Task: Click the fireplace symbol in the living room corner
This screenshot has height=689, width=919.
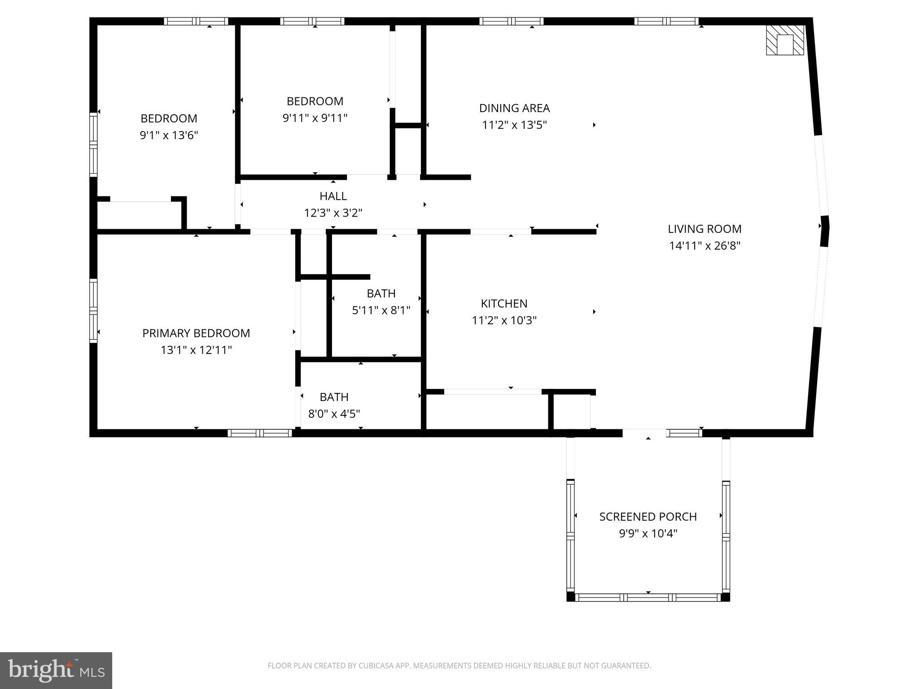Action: (785, 40)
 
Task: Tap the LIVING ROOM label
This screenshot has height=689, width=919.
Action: (704, 229)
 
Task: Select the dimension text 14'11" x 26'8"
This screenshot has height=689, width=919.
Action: (704, 246)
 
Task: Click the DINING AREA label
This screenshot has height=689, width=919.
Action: (514, 108)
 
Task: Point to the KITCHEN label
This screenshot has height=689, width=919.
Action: (504, 304)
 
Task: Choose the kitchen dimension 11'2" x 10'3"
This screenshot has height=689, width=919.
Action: (504, 320)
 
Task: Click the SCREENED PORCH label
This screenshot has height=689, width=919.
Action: (648, 517)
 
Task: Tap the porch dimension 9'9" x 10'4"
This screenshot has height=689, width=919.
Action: (648, 533)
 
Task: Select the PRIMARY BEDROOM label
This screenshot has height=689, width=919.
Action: (196, 333)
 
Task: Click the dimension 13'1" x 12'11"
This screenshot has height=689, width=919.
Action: (196, 350)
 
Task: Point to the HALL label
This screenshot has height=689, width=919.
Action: (333, 196)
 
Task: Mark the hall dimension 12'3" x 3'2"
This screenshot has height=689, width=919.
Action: (333, 213)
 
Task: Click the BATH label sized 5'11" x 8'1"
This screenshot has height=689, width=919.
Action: (381, 293)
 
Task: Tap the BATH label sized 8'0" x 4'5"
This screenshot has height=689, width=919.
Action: (334, 397)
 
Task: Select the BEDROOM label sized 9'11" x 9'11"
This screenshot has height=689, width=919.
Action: (315, 101)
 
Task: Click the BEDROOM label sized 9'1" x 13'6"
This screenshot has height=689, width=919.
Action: (169, 118)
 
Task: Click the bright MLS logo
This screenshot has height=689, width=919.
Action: (56, 670)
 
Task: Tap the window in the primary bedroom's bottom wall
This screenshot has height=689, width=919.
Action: (260, 433)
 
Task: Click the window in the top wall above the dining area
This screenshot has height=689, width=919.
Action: (511, 21)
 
